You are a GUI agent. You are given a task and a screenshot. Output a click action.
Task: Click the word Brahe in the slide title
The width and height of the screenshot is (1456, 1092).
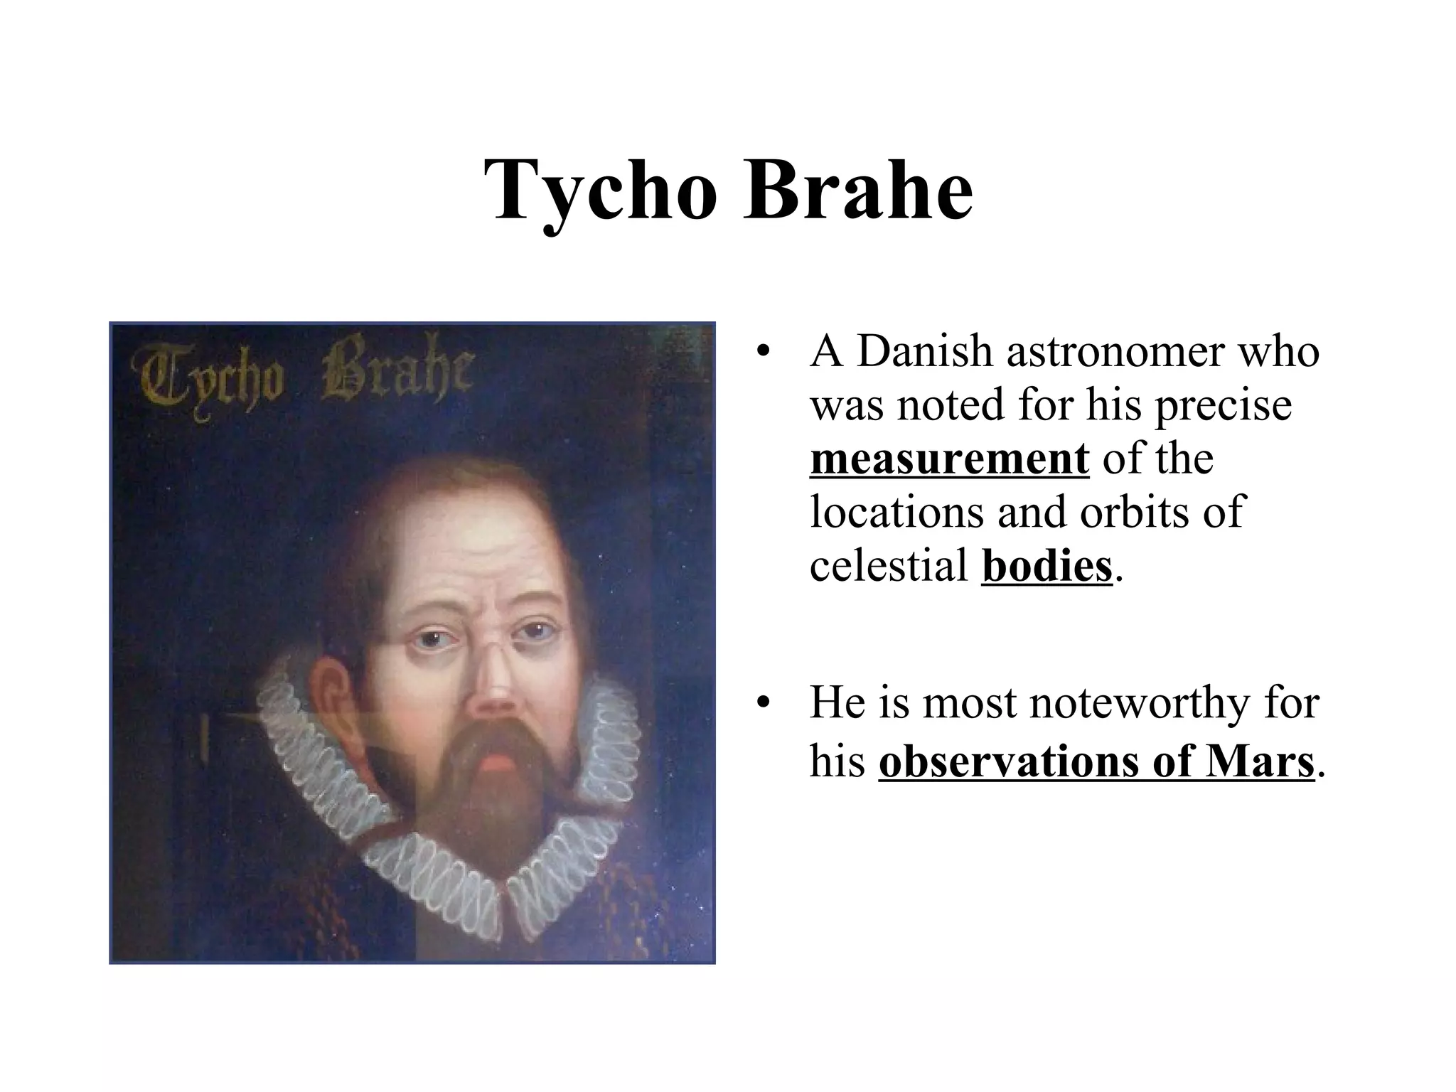[x=858, y=191]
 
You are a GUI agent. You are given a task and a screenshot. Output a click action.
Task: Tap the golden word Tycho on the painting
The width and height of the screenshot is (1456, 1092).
[x=210, y=377]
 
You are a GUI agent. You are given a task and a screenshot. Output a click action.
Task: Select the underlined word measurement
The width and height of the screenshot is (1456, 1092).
[x=949, y=459]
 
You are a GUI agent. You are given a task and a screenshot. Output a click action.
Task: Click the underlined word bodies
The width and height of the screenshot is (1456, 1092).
[x=1046, y=567]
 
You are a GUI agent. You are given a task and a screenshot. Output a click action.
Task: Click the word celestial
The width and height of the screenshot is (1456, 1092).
[x=889, y=567]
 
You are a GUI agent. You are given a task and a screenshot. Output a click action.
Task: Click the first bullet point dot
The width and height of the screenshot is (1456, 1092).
[x=763, y=352]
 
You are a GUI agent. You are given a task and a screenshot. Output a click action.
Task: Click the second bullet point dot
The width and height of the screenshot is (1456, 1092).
[x=763, y=703]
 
